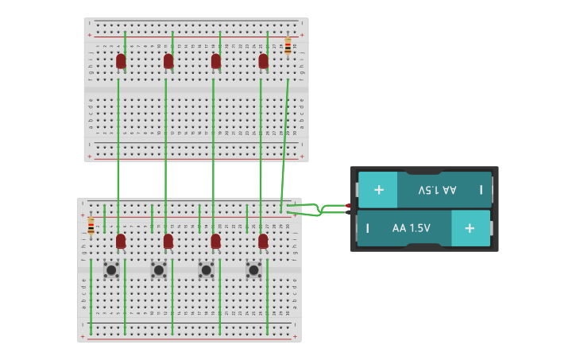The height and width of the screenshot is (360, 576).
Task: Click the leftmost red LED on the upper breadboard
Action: pos(121,61)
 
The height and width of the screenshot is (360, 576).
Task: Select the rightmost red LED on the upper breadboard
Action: pos(263,61)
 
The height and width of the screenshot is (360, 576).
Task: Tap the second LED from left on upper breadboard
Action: pos(168,61)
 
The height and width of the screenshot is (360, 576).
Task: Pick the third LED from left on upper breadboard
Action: pos(215,61)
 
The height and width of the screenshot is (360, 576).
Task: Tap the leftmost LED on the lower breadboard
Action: pos(121,241)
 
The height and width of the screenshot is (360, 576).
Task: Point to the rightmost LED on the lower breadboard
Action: pos(263,241)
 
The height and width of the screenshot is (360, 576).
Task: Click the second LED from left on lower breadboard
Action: pos(168,241)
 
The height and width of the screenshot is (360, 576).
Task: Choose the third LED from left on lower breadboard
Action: pos(215,241)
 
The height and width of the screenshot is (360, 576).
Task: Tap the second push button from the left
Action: pos(159,270)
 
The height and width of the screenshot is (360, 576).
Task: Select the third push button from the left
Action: pos(206,270)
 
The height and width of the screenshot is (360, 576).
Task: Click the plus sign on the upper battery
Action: pos(378,190)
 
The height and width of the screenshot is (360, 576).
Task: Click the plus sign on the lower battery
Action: pos(470,228)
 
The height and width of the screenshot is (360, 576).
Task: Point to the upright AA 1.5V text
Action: pos(411,228)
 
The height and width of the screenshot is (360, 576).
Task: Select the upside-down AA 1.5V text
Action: pos(437,190)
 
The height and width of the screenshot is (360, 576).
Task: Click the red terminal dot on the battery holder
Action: pos(348,206)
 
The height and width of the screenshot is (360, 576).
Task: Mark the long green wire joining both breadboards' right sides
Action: pos(284,143)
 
